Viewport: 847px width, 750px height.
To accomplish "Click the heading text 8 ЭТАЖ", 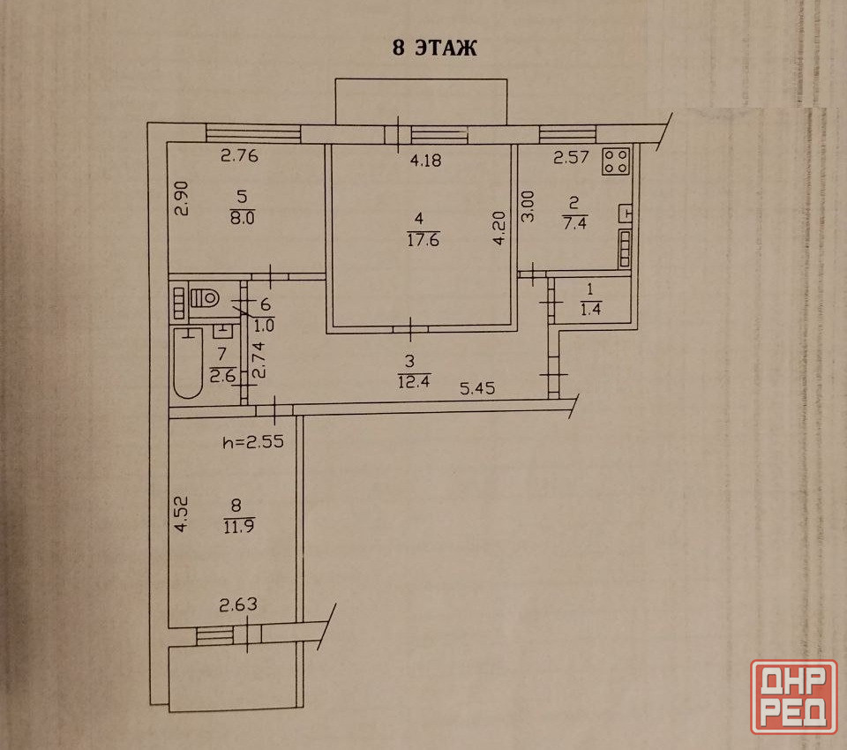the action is (434, 48).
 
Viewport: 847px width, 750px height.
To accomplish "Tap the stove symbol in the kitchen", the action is (617, 161).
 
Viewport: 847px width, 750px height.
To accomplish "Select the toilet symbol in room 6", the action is (206, 297).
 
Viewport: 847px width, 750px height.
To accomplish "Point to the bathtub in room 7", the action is (187, 363).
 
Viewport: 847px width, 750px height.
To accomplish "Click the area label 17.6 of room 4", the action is (423, 239).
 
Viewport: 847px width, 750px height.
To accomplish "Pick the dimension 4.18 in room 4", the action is (425, 160).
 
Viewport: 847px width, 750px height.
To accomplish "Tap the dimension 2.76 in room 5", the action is (239, 155).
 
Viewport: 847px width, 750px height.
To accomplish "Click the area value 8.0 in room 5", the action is (242, 218).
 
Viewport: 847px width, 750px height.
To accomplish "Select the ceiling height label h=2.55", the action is (253, 442).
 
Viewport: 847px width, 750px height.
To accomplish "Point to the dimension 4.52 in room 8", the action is (182, 514).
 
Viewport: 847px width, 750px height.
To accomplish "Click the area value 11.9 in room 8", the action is (239, 526).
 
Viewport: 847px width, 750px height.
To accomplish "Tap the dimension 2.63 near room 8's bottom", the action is (238, 604).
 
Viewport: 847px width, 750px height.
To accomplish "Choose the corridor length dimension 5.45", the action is (477, 388).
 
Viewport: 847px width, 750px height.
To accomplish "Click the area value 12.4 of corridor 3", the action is (413, 382).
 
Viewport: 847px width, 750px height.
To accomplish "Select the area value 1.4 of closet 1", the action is (590, 309).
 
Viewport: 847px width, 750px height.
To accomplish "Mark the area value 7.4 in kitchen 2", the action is (574, 222).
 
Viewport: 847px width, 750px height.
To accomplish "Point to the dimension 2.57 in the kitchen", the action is (571, 157).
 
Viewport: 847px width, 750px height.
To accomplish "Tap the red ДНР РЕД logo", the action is (793, 696).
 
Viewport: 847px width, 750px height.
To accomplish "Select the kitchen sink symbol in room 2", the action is (626, 214).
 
